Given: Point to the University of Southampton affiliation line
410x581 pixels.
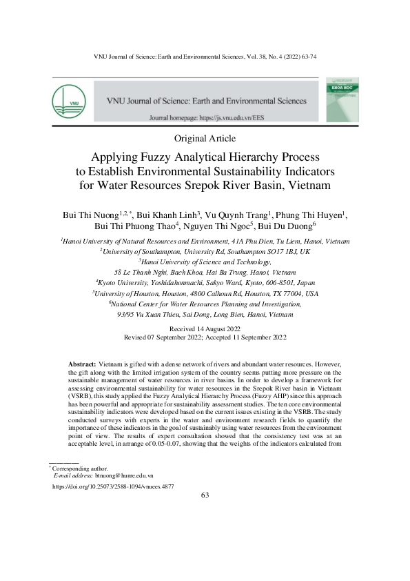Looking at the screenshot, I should tap(205, 252).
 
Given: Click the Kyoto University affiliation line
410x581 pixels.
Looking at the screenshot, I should tap(205, 282).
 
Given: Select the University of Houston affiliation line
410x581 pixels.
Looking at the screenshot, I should tap(205, 293).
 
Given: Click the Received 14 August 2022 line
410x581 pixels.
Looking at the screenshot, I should tap(205, 329).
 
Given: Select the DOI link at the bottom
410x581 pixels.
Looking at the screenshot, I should tap(113, 486).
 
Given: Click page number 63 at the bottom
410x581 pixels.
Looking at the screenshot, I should tap(205, 495).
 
